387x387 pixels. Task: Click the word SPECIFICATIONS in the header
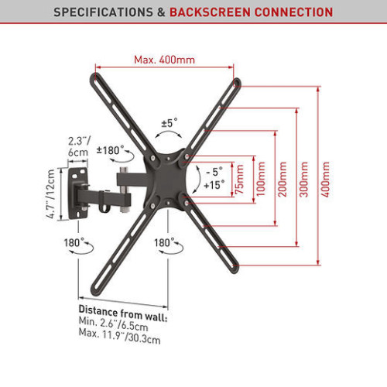(103, 12)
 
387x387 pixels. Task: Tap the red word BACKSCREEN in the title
(210, 12)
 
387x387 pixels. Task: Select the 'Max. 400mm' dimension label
(164, 60)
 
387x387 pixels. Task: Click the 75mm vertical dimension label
(240, 179)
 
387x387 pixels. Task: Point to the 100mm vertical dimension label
(261, 179)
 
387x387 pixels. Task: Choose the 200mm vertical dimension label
(283, 179)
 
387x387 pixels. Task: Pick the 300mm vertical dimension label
(304, 179)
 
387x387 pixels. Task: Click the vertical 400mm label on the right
(326, 179)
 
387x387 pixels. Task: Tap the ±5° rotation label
(170, 123)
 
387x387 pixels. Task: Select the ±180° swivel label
(110, 150)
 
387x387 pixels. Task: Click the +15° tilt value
(214, 185)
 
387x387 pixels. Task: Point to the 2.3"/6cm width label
(79, 146)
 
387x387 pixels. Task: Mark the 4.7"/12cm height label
(51, 193)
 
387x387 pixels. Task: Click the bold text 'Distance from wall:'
(123, 313)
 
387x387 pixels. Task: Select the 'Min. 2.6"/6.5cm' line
(113, 324)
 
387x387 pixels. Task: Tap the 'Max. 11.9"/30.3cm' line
(119, 336)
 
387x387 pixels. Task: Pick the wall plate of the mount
(77, 193)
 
